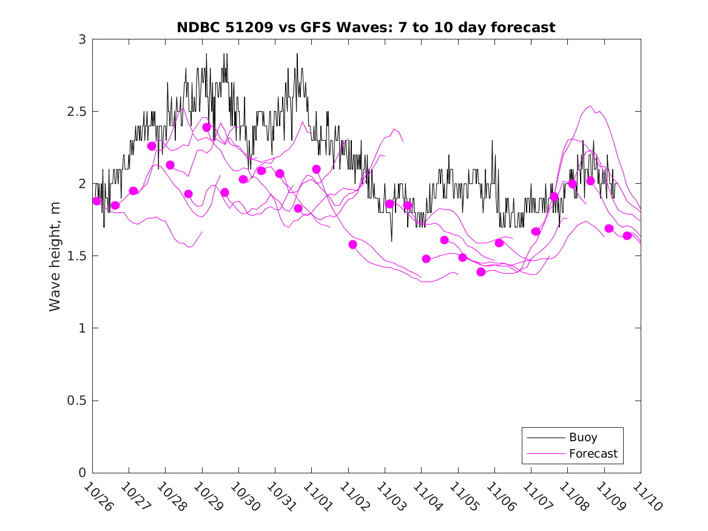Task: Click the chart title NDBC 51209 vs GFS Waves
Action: [x=366, y=27]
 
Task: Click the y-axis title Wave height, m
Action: [x=55, y=255]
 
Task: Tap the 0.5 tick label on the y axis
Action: [x=77, y=401]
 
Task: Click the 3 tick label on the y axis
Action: [x=82, y=39]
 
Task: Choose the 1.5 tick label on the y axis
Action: [x=77, y=256]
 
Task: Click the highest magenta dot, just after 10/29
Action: [x=207, y=127]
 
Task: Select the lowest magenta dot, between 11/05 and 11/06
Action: [x=481, y=272]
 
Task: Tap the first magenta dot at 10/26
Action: [x=96, y=201]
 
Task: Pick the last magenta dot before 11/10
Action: [x=627, y=235]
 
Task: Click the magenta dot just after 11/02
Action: [x=353, y=244]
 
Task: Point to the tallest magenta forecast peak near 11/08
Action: [x=590, y=106]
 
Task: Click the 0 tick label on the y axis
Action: [x=82, y=473]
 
